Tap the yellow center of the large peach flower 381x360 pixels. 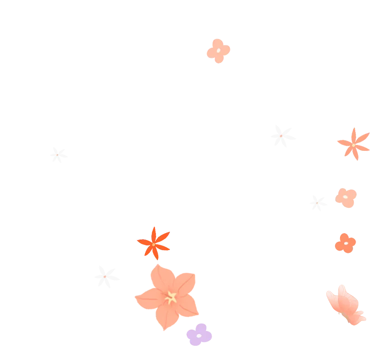point(171,297)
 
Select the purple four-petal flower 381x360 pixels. point(199,335)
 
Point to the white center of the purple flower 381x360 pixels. point(198,336)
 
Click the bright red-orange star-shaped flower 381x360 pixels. point(153,243)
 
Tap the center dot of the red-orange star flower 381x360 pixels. point(153,244)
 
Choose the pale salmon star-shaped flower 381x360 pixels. point(353,144)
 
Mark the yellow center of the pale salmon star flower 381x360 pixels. point(353,145)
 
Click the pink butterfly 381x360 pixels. point(346,305)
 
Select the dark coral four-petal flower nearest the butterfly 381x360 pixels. point(345,243)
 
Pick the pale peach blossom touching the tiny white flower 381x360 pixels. point(346,198)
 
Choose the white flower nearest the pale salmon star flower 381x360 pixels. point(282,136)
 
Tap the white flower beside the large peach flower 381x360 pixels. point(106,276)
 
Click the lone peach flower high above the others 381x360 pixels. point(218,51)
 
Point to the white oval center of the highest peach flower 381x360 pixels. point(219,50)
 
